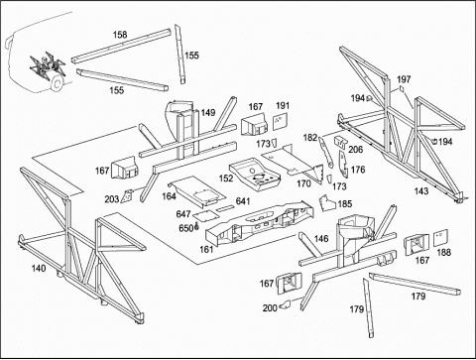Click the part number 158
(x=120, y=35)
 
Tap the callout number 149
(x=208, y=112)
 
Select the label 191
(x=283, y=105)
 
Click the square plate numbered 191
(x=281, y=122)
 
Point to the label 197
(x=404, y=79)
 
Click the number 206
(x=356, y=150)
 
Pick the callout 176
(x=358, y=170)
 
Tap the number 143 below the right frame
(x=421, y=191)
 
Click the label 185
(x=345, y=204)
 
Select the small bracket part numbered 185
(x=326, y=202)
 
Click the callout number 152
(x=226, y=179)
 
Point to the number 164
(x=169, y=196)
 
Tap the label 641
(x=243, y=201)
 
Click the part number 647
(x=183, y=214)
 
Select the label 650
(x=185, y=228)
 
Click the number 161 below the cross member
(x=206, y=249)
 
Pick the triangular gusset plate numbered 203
(x=127, y=196)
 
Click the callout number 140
(x=39, y=268)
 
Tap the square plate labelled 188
(x=440, y=238)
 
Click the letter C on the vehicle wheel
(x=57, y=84)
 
